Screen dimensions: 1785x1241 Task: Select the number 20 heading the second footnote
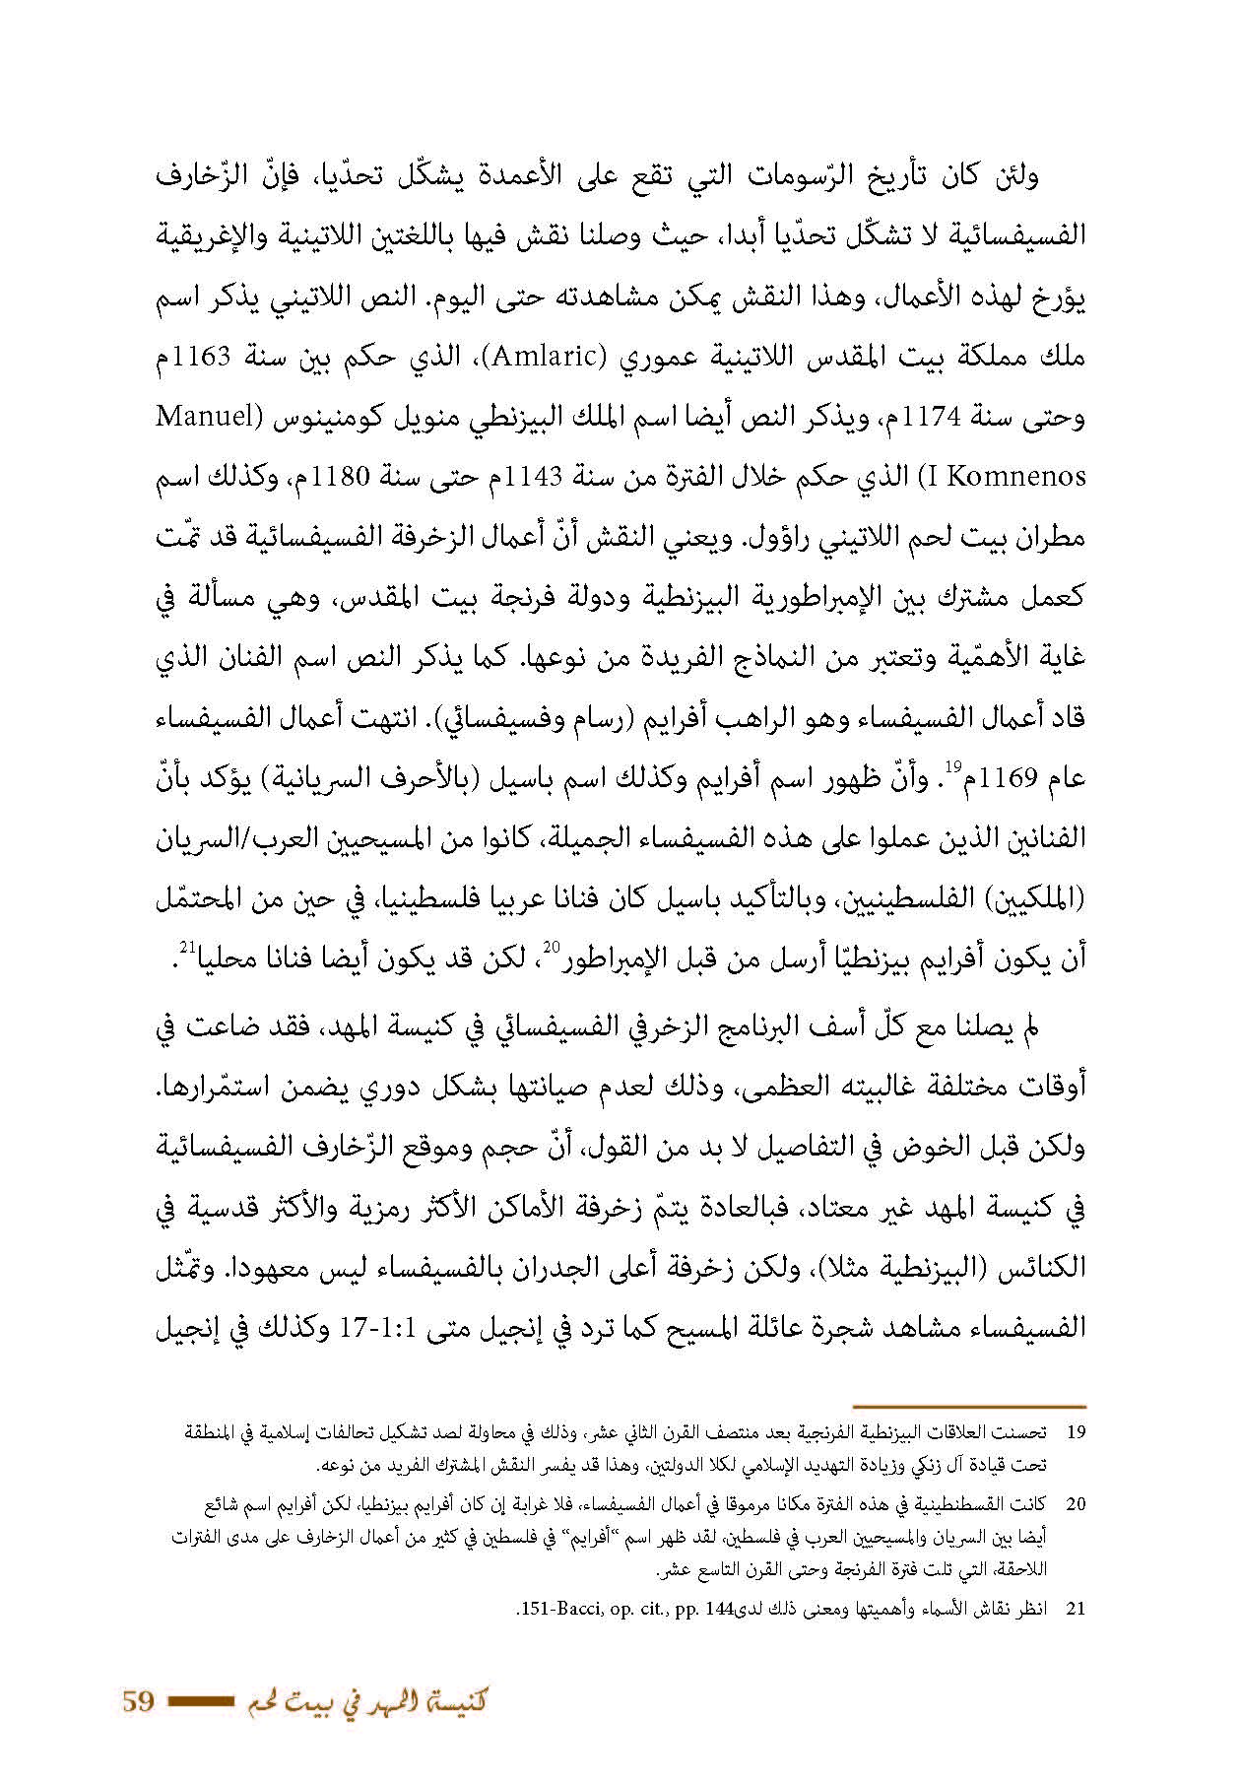coord(1076,1505)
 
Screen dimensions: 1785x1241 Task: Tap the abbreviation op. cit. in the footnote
coord(634,1612)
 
